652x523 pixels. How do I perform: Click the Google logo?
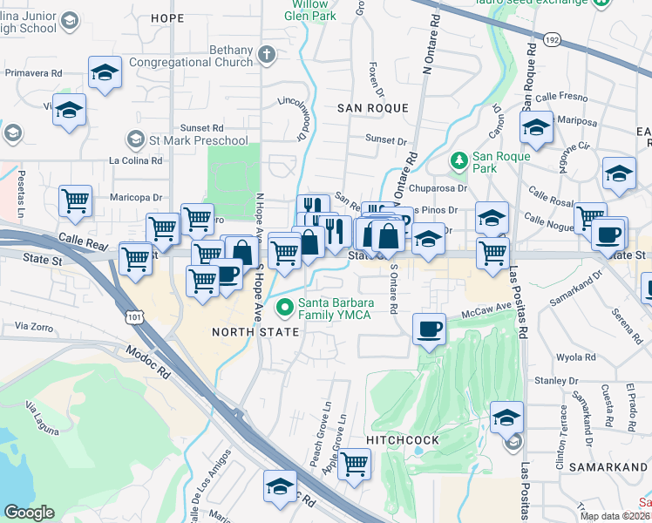pyautogui.click(x=29, y=513)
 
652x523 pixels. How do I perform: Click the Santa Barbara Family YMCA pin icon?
pyautogui.click(x=284, y=308)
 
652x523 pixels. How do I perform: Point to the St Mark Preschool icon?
pyautogui.click(x=135, y=139)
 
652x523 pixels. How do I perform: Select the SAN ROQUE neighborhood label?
pyautogui.click(x=373, y=107)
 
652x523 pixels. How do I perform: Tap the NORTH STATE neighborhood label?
pyautogui.click(x=255, y=332)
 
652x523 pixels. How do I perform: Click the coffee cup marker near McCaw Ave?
pyautogui.click(x=428, y=329)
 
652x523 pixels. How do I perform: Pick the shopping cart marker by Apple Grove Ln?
pyautogui.click(x=353, y=463)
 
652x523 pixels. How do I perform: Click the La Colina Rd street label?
pyautogui.click(x=135, y=160)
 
